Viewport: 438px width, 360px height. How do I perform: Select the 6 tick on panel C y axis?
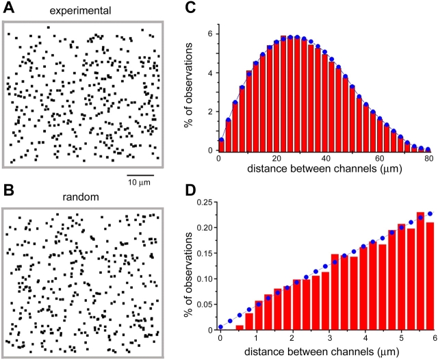click(211, 34)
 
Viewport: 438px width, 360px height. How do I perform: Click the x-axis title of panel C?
click(322, 170)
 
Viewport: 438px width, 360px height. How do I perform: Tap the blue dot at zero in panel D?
click(220, 327)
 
